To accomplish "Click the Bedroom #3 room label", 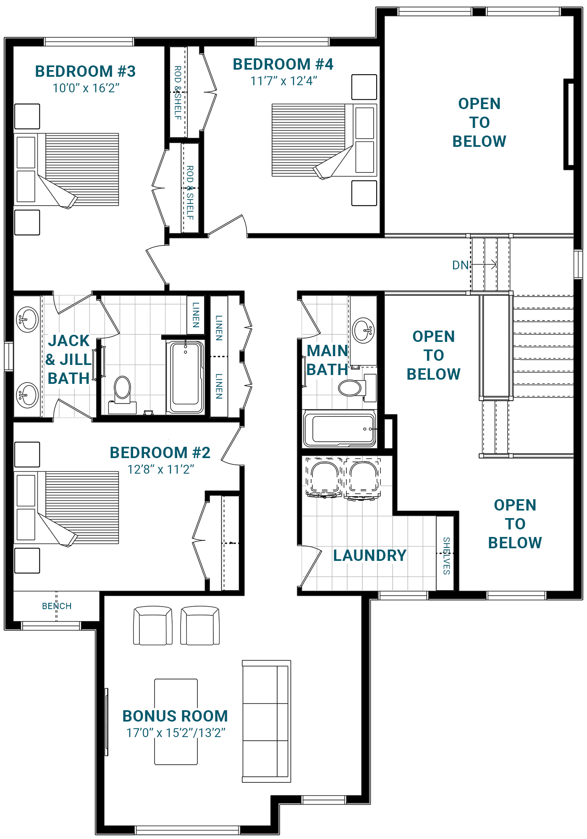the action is click(x=85, y=71).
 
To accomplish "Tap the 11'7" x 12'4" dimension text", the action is click(x=284, y=81).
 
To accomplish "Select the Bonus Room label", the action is click(x=175, y=716).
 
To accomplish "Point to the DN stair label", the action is click(x=460, y=265).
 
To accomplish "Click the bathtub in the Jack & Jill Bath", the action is click(x=185, y=378).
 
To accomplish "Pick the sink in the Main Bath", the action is click(x=364, y=331).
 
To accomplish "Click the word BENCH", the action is click(x=57, y=606).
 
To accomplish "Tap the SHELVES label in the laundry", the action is click(x=447, y=556).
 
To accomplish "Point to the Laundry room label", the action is click(x=370, y=555).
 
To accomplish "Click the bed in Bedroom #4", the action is click(x=324, y=141).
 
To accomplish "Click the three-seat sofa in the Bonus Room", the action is click(x=267, y=722).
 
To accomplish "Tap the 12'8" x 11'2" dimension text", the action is click(x=161, y=469).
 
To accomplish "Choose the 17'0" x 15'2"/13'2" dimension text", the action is click(x=176, y=733).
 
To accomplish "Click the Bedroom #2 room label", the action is click(x=160, y=453).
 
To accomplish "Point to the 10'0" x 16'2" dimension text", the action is click(x=86, y=88).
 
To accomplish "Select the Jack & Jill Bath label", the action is click(x=69, y=360).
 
